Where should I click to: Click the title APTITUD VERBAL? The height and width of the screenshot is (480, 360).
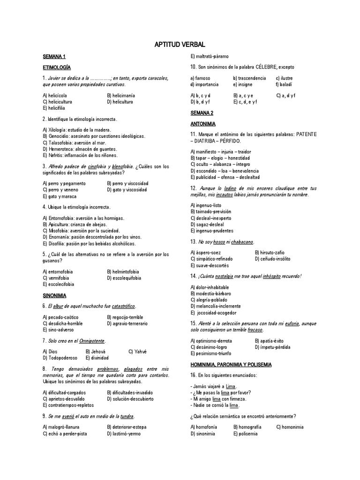pos(180,45)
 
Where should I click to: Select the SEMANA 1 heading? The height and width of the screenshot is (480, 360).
pos(54,57)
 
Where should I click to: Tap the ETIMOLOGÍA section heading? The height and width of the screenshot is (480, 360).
pos(57,67)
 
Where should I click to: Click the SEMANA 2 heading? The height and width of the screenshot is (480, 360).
pos(202,113)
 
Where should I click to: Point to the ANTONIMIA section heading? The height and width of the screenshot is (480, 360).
pos(203,124)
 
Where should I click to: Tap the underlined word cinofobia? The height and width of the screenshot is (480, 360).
pos(97,166)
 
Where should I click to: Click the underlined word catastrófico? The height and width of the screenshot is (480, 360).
pos(123,306)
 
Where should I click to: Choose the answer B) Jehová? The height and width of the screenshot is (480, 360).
pos(97,352)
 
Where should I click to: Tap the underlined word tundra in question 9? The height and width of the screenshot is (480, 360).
pos(127,416)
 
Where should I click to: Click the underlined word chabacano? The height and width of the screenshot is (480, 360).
pos(241,241)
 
